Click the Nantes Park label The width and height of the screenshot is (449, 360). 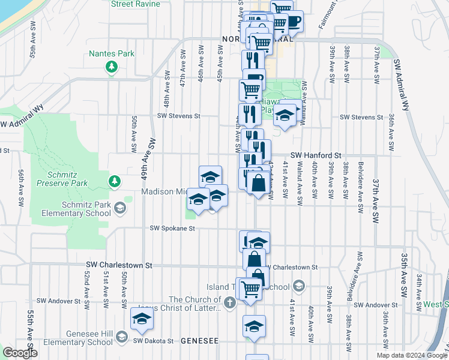click(x=111, y=53)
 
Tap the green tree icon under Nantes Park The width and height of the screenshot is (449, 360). click(x=111, y=67)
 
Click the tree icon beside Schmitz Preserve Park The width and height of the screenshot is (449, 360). click(x=114, y=180)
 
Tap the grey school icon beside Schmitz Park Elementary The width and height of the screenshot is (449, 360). click(x=120, y=208)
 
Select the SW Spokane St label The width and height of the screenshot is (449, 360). click(x=173, y=229)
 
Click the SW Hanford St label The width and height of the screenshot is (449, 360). click(x=316, y=155)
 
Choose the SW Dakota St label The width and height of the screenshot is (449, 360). click(x=153, y=340)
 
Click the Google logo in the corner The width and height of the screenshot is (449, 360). click(x=20, y=353)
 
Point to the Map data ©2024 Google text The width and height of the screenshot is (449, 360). click(x=411, y=355)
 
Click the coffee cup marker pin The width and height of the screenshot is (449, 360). click(x=294, y=20)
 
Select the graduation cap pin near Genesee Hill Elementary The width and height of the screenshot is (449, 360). click(x=142, y=319)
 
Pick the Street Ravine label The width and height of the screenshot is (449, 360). click(x=136, y=4)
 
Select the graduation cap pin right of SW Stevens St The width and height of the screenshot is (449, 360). click(x=286, y=115)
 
